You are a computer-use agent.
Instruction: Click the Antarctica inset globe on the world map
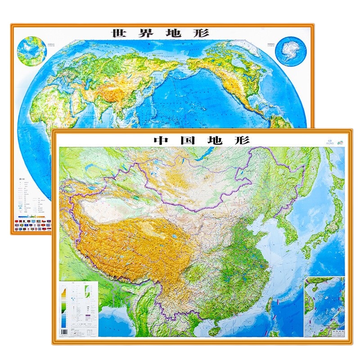(290, 51)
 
